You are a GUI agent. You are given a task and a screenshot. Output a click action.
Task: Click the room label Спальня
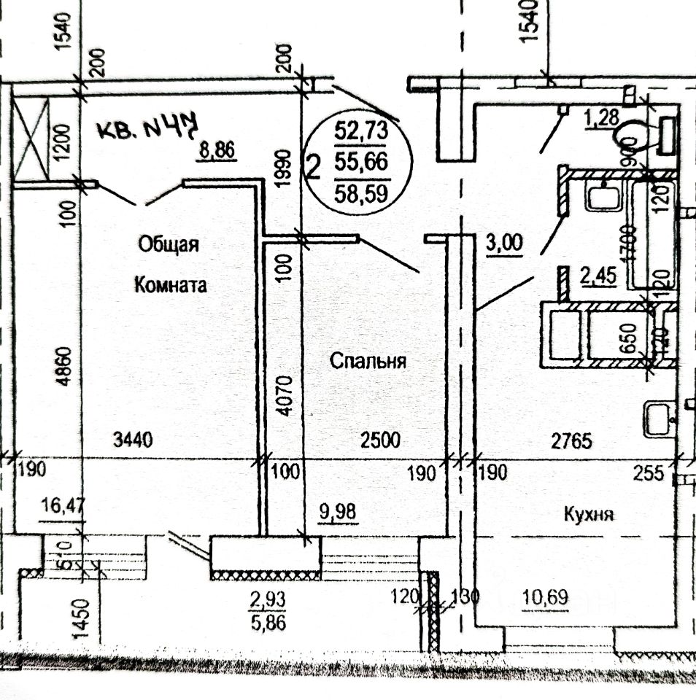(367, 360)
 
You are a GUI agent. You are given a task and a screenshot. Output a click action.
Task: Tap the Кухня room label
(588, 513)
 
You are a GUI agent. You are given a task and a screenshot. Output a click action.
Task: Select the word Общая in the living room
(169, 244)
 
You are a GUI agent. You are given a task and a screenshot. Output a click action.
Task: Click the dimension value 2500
(380, 439)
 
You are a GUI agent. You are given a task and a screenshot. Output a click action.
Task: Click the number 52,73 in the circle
(360, 132)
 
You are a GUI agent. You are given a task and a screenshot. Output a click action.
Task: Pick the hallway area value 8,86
(216, 151)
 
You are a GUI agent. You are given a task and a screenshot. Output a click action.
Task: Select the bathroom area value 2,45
(598, 277)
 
